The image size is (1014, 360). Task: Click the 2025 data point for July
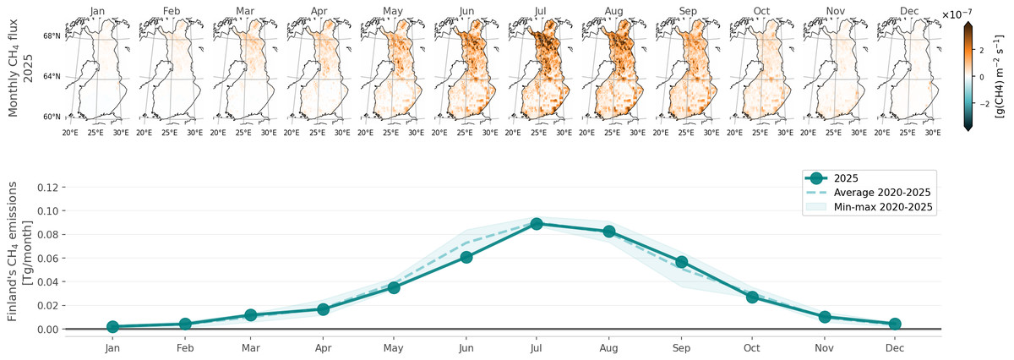coord(537,224)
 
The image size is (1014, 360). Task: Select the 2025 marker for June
coord(466,257)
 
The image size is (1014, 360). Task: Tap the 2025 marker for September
coord(681,262)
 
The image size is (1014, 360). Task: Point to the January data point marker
coord(112,326)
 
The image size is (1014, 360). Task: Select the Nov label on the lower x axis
coord(823,347)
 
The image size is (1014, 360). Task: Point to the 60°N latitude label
coord(52,117)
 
